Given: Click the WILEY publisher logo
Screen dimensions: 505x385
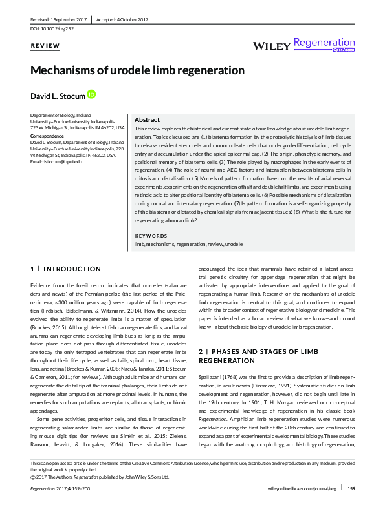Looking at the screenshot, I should [x=270, y=46].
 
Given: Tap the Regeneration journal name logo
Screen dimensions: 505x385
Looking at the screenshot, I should [x=324, y=43].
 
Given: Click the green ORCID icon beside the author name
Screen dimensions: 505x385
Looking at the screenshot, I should [x=91, y=94].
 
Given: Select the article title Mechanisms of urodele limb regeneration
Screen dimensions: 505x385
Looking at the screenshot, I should [x=137, y=70].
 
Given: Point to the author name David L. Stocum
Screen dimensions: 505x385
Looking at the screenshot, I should [x=58, y=96].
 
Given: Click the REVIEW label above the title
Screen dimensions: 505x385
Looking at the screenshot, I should [x=45, y=46].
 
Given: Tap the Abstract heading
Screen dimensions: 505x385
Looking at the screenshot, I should [x=147, y=120].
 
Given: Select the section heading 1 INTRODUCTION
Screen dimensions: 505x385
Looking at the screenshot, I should [x=66, y=269].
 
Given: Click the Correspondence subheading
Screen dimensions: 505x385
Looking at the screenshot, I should [x=47, y=137].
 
